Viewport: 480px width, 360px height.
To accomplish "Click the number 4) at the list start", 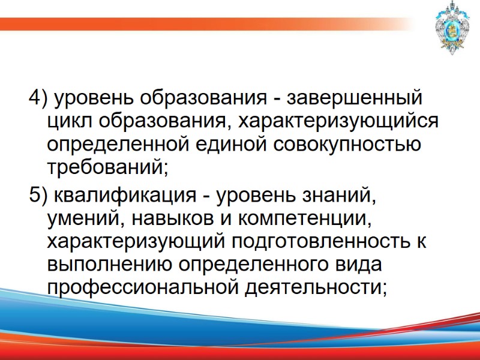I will coord(37,97).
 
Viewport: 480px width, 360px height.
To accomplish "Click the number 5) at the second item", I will coord(37,196).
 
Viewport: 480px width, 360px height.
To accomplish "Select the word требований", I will coord(105,167).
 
